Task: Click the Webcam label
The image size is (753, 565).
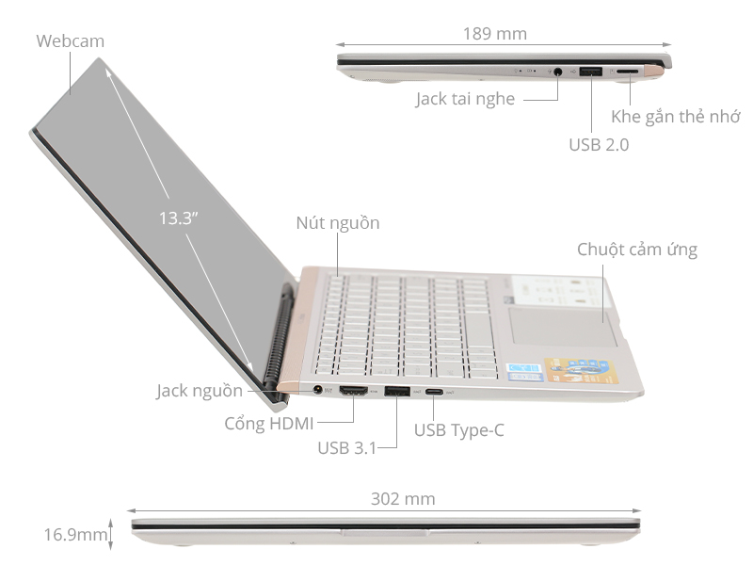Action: pyautogui.click(x=71, y=41)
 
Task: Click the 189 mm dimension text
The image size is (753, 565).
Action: pyautogui.click(x=495, y=34)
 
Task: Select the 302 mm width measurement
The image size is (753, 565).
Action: pyautogui.click(x=403, y=499)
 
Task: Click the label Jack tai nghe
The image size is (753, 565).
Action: pyautogui.click(x=465, y=99)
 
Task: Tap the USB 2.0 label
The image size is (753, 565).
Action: pyautogui.click(x=599, y=145)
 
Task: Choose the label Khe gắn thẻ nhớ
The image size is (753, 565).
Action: pyautogui.click(x=676, y=117)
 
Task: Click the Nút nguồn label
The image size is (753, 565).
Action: pyautogui.click(x=338, y=223)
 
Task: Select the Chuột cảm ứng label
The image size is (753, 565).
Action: pyautogui.click(x=637, y=250)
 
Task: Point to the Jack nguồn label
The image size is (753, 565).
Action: pyautogui.click(x=200, y=391)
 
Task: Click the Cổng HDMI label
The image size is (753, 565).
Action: pyautogui.click(x=269, y=424)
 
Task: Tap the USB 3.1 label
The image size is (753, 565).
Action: pyautogui.click(x=346, y=447)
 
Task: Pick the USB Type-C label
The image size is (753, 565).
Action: pyautogui.click(x=459, y=430)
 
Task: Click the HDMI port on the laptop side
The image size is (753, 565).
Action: pyautogui.click(x=354, y=391)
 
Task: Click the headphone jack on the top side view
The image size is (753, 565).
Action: pyautogui.click(x=562, y=71)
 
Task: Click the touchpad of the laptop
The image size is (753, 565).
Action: pyautogui.click(x=559, y=326)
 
